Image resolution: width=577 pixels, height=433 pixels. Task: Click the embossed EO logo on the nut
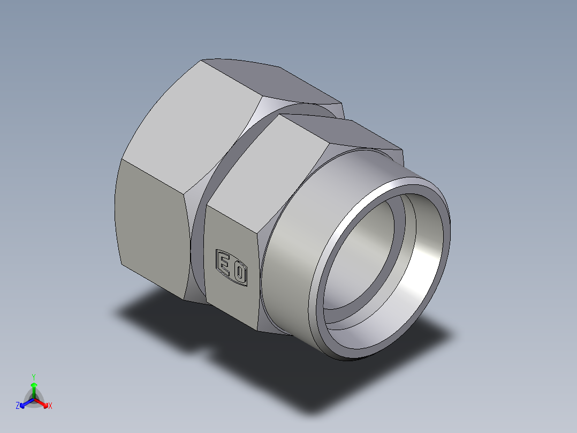[231, 267]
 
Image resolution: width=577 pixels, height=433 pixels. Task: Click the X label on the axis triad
[50, 406]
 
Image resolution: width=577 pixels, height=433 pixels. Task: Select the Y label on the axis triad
[33, 376]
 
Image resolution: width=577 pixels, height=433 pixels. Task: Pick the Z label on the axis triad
[18, 406]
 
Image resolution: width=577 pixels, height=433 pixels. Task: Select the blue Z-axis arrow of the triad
[25, 403]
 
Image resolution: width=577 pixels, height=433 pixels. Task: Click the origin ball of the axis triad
[33, 399]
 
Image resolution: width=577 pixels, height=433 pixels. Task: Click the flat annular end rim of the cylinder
[321, 300]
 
